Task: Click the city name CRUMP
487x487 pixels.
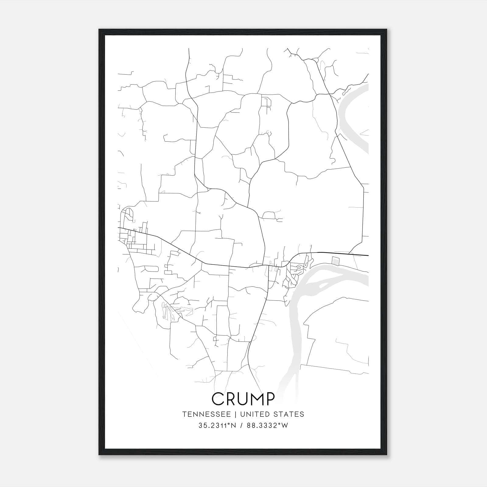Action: coord(243,399)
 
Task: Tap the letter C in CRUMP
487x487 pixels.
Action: coord(218,399)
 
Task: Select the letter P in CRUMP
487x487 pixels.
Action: coord(270,399)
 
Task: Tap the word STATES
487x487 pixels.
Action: coord(289,414)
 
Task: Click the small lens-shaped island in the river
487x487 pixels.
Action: coord(322,286)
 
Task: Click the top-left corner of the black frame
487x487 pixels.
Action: coord(100,30)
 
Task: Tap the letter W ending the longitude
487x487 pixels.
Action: coord(284,426)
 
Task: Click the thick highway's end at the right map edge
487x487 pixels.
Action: coord(368,255)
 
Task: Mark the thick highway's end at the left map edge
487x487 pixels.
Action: coord(118,228)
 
